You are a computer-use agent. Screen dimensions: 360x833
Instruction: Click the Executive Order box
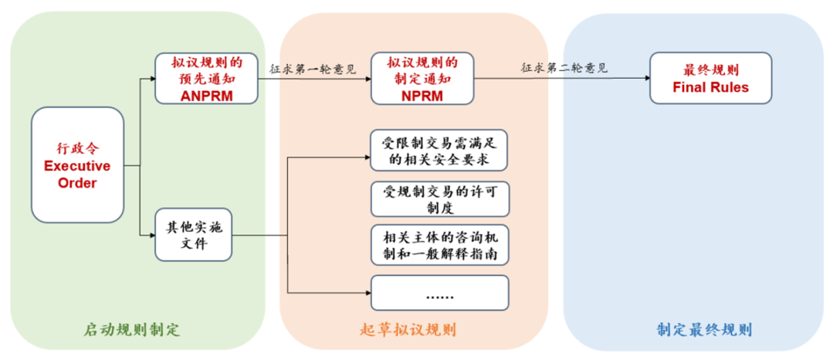77,165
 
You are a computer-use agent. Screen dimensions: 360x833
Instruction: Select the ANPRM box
205,78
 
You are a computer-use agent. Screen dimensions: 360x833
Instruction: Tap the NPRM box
422,78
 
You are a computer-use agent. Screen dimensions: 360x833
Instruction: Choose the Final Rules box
710,78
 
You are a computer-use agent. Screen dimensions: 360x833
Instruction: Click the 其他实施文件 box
194,234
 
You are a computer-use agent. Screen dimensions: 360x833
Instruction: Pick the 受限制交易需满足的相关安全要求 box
440,150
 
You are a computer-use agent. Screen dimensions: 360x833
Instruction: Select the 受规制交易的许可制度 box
440,199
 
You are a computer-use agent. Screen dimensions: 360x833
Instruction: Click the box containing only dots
440,293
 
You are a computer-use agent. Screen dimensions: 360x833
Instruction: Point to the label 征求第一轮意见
312,69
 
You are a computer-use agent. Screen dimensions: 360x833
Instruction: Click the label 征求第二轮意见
564,68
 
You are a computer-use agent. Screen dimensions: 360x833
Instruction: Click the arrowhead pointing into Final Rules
645,78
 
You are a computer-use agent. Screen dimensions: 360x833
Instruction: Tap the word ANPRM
206,96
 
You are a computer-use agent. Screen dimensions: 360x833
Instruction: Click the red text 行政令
77,147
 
